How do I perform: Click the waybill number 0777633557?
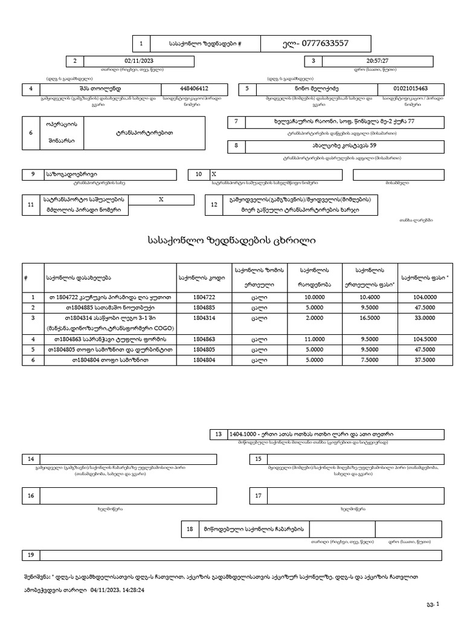pyautogui.click(x=324, y=44)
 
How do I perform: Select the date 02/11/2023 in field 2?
pyautogui.click(x=140, y=61)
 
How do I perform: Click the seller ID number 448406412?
pyautogui.click(x=194, y=89)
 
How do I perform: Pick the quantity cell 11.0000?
pyautogui.click(x=315, y=339)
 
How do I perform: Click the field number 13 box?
pyautogui.click(x=218, y=434)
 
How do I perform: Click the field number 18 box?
pyautogui.click(x=189, y=529)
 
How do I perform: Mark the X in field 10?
pyautogui.click(x=213, y=174)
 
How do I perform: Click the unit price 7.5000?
pyautogui.click(x=369, y=360)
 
